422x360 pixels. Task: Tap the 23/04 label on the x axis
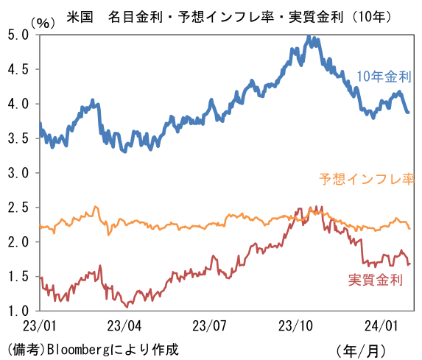[124, 325]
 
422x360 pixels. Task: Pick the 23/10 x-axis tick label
[296, 325]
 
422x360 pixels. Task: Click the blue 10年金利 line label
[383, 77]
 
